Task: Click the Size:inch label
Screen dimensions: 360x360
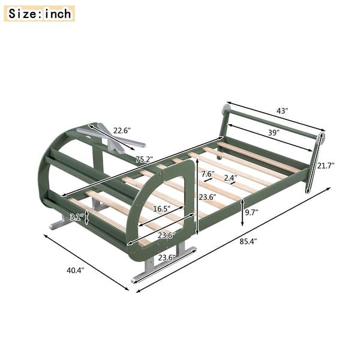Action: point(39,13)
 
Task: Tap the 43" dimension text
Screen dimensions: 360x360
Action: point(283,112)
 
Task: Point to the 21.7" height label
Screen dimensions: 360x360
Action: point(326,166)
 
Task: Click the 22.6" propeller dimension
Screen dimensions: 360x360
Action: point(122,130)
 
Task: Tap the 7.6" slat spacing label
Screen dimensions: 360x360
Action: point(208,174)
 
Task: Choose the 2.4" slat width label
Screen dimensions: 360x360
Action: point(230,178)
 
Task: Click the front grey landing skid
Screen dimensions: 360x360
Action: point(162,264)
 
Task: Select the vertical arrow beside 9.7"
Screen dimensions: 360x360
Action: point(242,213)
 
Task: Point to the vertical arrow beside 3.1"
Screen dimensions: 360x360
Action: point(87,217)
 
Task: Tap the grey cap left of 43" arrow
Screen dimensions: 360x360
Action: point(226,109)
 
